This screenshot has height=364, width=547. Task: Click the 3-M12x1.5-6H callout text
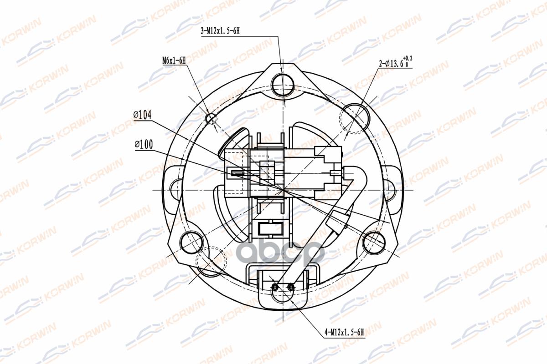coord(220,31)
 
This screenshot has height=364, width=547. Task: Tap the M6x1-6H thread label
coord(174,61)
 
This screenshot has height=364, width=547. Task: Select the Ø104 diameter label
coord(142,115)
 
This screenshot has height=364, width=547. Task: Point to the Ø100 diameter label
coord(144,144)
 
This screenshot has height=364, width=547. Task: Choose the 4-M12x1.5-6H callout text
coord(344,332)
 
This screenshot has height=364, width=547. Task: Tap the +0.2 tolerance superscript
coord(408,58)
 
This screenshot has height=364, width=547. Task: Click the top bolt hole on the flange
coord(283,86)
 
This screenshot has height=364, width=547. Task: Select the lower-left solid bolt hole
coord(192,243)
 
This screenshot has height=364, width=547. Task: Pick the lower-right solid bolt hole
coord(374,243)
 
